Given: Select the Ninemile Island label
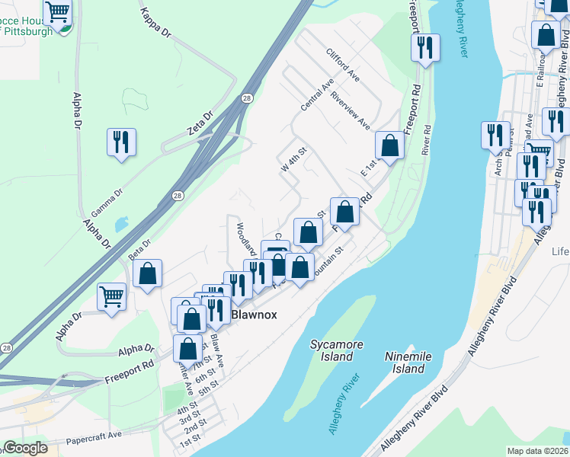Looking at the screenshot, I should (x=408, y=363).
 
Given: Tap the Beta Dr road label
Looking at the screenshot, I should (x=139, y=249).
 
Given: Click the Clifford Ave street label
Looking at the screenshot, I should (x=342, y=64).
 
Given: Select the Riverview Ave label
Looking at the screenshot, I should (x=350, y=113).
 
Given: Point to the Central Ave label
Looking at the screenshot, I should (x=317, y=94).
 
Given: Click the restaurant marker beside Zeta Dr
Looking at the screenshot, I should (x=121, y=142).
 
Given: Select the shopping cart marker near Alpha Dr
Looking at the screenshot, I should (x=111, y=296).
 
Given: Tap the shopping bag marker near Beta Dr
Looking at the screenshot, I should (x=148, y=273).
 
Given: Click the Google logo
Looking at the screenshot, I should (x=25, y=448).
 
